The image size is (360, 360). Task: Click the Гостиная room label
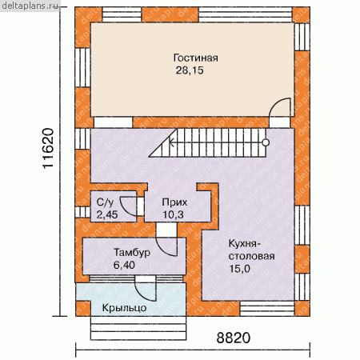196,58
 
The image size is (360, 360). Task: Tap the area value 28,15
190,70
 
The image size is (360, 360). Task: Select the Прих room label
174,202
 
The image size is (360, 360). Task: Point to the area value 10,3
173,214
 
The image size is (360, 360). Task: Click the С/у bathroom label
105,202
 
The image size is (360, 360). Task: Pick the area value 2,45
107,214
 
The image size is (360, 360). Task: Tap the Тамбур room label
132,253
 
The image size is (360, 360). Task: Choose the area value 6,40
124,265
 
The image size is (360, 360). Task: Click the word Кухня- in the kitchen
242,243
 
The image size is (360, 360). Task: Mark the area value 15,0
240,269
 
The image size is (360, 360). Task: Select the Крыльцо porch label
124,308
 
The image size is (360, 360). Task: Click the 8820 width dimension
234,338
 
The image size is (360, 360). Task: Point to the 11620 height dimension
48,149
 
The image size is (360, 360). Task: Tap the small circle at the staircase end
266,142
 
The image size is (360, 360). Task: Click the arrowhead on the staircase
171,142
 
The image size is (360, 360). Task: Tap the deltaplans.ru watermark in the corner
30,6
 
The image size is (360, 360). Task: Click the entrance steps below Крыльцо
138,328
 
